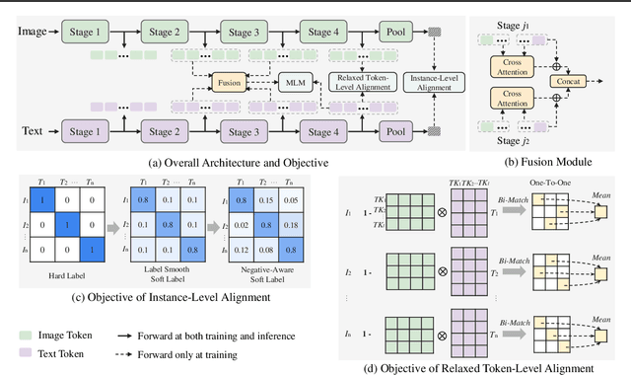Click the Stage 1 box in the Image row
89,31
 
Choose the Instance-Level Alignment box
433,80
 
